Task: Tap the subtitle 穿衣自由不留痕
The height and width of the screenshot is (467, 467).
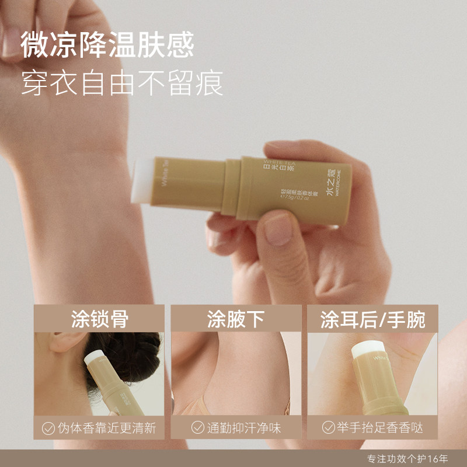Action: point(122,83)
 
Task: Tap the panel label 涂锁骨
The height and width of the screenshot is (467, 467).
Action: point(99,319)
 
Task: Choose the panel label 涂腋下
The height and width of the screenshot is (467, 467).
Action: point(236,319)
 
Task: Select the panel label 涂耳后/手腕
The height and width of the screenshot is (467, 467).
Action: point(372,319)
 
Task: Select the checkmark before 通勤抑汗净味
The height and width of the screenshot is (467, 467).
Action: point(198,428)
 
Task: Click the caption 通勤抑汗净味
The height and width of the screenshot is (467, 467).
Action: point(243,428)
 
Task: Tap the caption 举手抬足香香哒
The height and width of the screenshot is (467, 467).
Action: point(380,428)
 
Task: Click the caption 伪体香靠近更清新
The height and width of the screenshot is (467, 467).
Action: point(107,428)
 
